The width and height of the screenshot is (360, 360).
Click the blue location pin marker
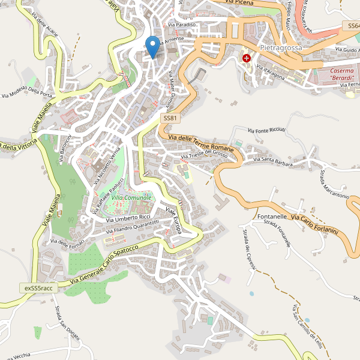154,46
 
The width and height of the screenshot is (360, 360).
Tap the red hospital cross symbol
247,58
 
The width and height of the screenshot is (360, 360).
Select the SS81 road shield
170,119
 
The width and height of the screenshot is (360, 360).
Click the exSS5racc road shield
39,288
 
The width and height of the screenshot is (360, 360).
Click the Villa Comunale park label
131,197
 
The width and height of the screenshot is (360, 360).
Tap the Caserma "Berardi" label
334,74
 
